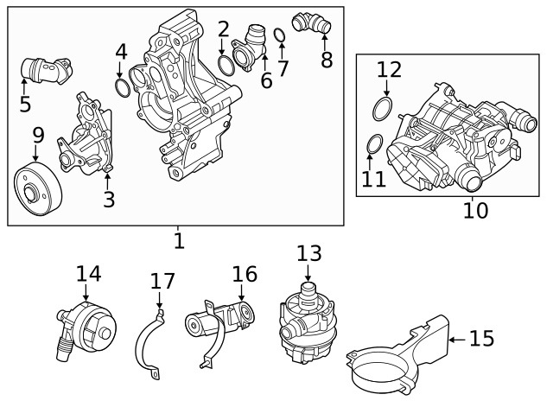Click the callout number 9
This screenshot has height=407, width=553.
pyautogui.click(x=38, y=136)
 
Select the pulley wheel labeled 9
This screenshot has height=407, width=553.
pyautogui.click(x=38, y=188)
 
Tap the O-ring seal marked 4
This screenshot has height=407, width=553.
pyautogui.click(x=123, y=88)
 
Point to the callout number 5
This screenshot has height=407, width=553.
pyautogui.click(x=25, y=104)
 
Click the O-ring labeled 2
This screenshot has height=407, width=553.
pyautogui.click(x=226, y=66)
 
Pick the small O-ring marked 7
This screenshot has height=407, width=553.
pyautogui.click(x=280, y=35)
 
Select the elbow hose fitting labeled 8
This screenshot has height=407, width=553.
pyautogui.click(x=311, y=23)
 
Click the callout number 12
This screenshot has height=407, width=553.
pyautogui.click(x=390, y=69)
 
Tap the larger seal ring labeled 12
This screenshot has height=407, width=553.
pyautogui.click(x=382, y=109)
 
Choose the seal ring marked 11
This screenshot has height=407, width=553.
pyautogui.click(x=374, y=144)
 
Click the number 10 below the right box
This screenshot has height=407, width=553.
pyautogui.click(x=476, y=210)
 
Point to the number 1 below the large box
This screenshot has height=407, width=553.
pyautogui.click(x=179, y=241)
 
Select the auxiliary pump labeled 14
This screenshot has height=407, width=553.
pyautogui.click(x=86, y=330)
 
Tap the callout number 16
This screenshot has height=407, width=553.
pyautogui.click(x=245, y=274)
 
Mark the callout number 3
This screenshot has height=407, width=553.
pyautogui.click(x=109, y=200)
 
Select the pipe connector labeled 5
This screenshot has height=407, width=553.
pyautogui.click(x=47, y=70)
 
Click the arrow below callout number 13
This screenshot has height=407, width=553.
pyautogui.click(x=308, y=272)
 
